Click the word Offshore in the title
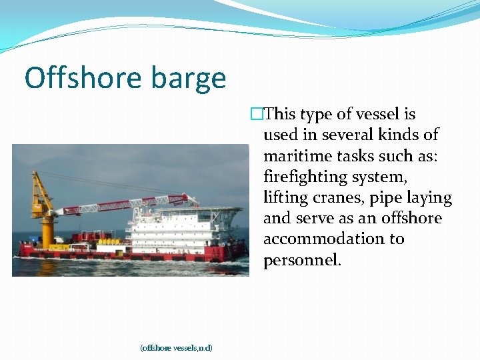pyautogui.click(x=84, y=78)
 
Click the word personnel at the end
pyautogui.click(x=302, y=260)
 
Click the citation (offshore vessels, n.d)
pyautogui.click(x=176, y=347)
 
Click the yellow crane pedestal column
pyautogui.click(x=47, y=231)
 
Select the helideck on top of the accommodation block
pyautogui.click(x=220, y=211)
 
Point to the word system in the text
pyautogui.click(x=381, y=177)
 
